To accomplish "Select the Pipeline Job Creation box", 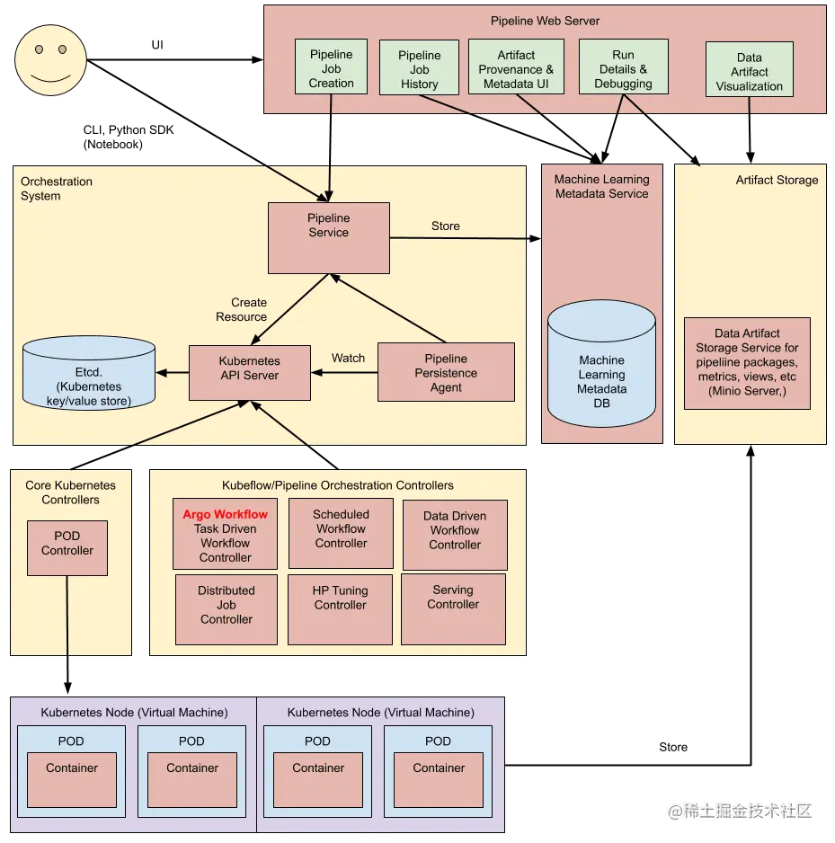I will [331, 67].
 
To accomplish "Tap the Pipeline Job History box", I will [420, 68].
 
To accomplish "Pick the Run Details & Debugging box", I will [623, 68].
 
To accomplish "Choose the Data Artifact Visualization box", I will [750, 70].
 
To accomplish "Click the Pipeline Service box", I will [329, 237].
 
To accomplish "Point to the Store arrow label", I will [446, 226].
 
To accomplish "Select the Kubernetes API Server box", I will [250, 372].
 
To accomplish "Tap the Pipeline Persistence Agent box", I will [446, 372].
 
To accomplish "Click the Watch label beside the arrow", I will [348, 358].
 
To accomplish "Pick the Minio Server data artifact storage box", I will [747, 362].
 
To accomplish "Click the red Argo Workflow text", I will [226, 515].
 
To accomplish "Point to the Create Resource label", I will [242, 310].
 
